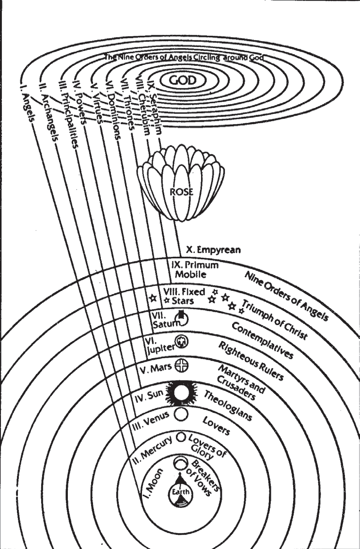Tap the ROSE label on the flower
(182, 192)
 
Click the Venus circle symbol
(180, 414)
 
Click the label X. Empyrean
(213, 251)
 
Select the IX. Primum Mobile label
(195, 269)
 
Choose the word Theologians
(228, 405)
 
